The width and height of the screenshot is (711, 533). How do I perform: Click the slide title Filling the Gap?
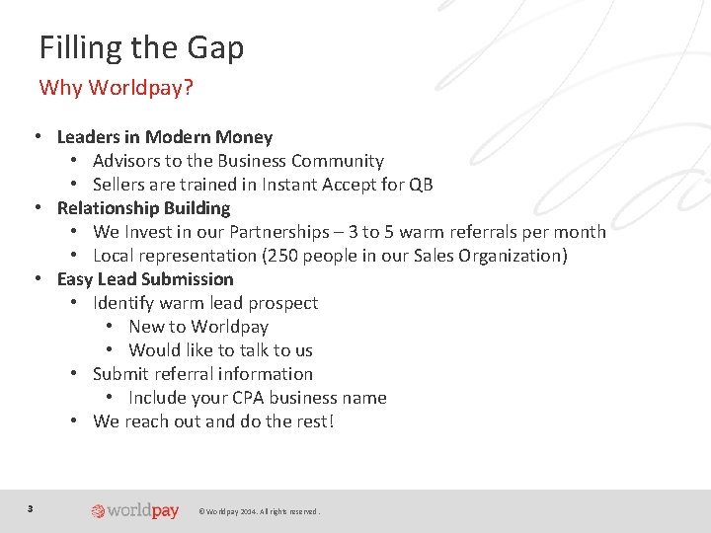141,47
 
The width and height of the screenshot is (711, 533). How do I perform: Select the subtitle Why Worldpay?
116,88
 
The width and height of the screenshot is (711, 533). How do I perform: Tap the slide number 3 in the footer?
31,509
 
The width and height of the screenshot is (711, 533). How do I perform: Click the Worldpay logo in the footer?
135,510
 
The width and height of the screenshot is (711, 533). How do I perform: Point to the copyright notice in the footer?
260,511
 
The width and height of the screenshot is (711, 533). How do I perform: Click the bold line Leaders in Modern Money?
164,137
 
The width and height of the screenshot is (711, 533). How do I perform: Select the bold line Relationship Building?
143,208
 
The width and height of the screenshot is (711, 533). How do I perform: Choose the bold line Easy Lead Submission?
145,279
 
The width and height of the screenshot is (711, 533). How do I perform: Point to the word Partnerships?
279,232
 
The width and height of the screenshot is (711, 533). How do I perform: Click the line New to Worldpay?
197,327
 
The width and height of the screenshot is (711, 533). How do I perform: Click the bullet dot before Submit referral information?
75,374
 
